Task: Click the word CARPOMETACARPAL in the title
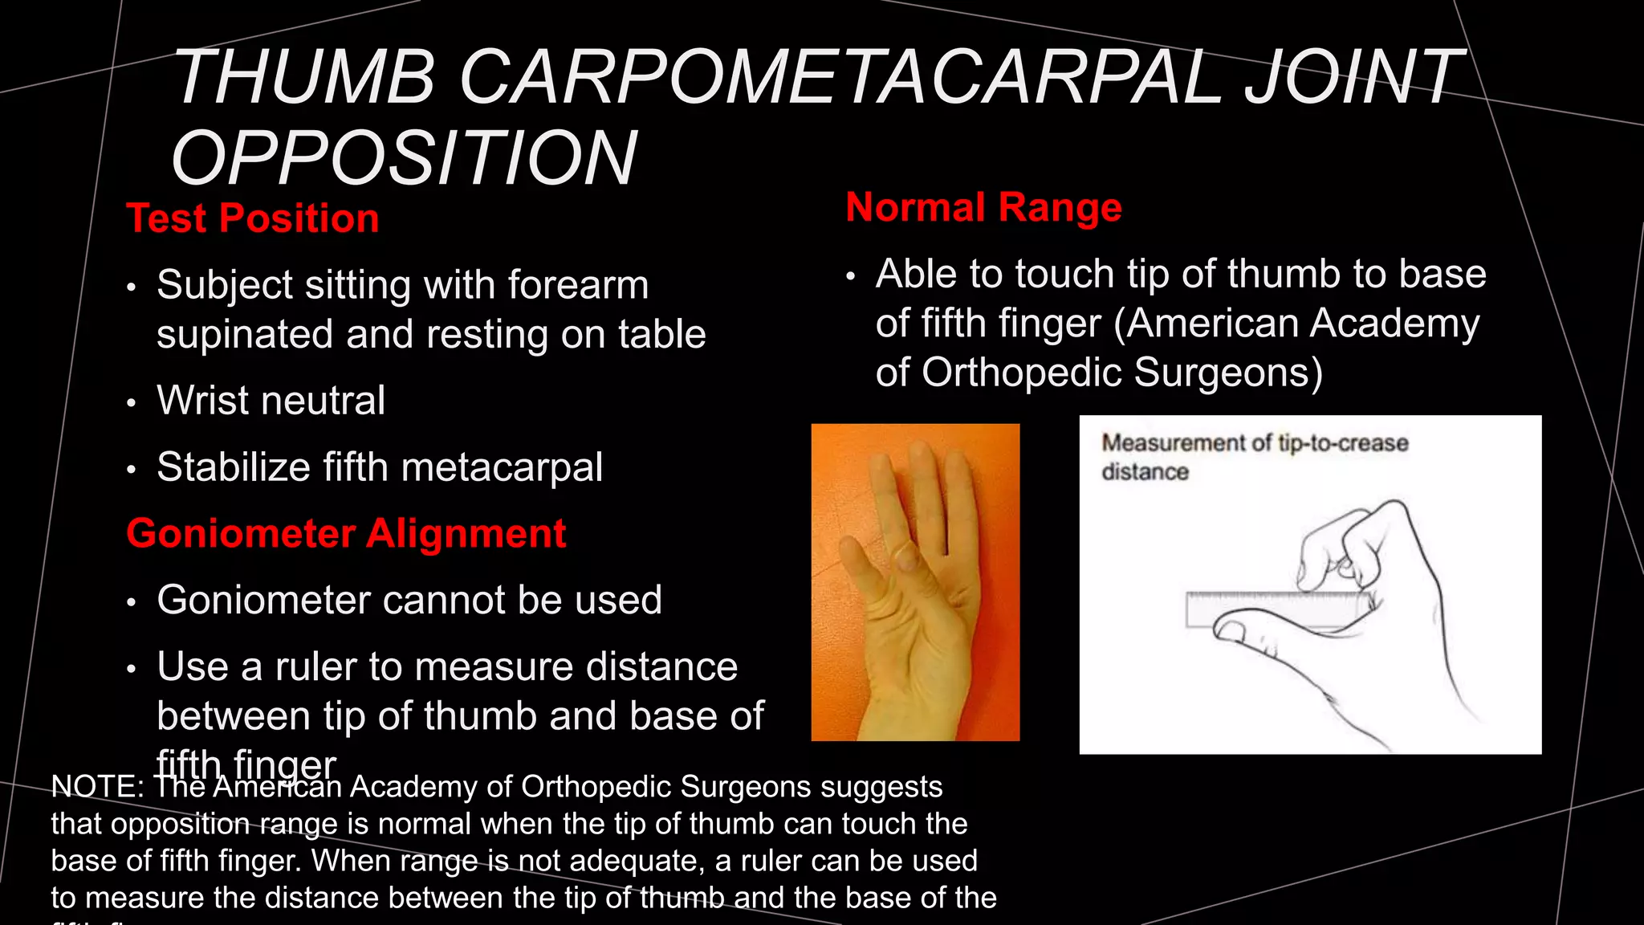pos(839,78)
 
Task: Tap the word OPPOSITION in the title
pos(404,158)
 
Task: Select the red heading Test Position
pos(253,218)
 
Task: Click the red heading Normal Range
pos(983,207)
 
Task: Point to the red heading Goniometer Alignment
pos(346,533)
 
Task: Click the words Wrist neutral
pos(271,400)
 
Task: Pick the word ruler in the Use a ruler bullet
pos(315,666)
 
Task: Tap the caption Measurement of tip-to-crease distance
pos(1254,456)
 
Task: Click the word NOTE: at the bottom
pos(97,787)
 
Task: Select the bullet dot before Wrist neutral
pos(132,402)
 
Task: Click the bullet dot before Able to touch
pos(851,276)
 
